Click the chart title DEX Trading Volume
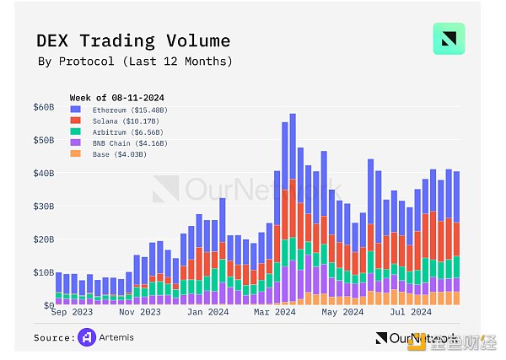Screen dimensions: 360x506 click(133, 40)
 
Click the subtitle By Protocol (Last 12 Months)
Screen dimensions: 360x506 click(135, 62)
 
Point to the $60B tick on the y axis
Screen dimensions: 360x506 click(43, 107)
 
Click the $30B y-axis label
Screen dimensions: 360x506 click(43, 207)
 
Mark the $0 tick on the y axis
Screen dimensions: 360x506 click(48, 305)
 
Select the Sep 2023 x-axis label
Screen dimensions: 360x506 click(72, 312)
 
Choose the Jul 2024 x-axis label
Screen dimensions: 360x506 click(411, 312)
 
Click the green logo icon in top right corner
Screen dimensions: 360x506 click(449, 39)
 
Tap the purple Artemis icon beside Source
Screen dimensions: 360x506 click(86, 337)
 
